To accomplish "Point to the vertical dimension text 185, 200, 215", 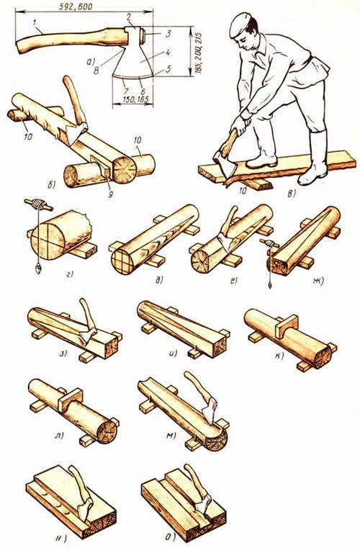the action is pos(199,51).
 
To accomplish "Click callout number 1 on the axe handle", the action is pos(35,23).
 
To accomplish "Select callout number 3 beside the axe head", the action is pos(168,35).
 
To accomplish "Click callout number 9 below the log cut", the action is pos(110,194).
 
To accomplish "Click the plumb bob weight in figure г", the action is pos(38,269).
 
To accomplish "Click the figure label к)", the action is pos(279,356).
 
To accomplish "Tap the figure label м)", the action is pos(172,436).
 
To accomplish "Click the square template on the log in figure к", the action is pos(286,326).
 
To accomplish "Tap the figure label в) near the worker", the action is pos(291,194).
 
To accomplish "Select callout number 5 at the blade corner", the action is pos(168,69).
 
